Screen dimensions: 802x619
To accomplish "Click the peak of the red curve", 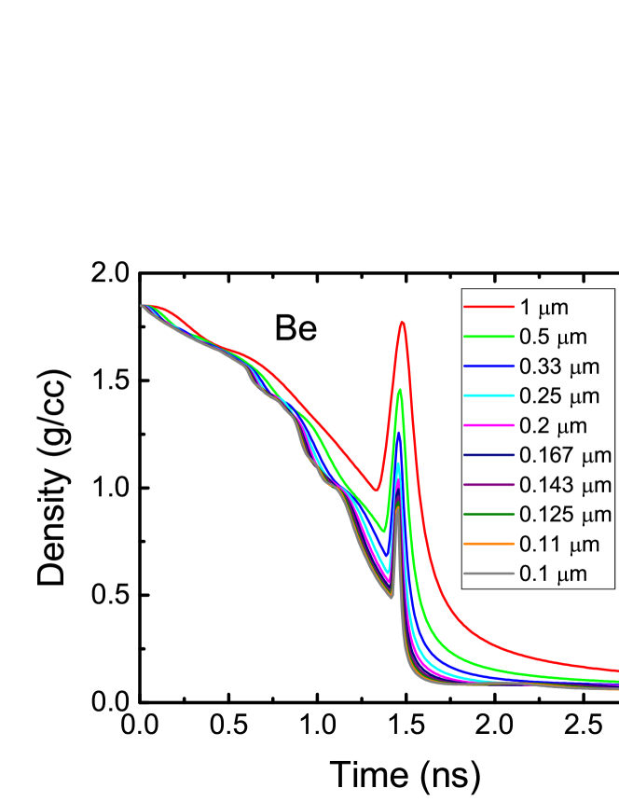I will tap(402, 322).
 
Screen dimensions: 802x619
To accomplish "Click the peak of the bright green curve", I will tap(400, 390).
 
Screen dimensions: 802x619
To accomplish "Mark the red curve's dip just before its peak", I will tap(375, 490).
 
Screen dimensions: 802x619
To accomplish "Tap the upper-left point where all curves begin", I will tap(143, 305).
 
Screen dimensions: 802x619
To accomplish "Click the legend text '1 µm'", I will tap(544, 307).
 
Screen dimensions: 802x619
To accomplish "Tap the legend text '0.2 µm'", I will tap(554, 426).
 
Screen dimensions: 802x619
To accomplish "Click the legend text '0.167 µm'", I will tap(565, 456).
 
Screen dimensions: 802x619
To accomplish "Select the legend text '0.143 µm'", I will tap(565, 485).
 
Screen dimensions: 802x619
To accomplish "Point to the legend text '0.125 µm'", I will tap(565, 515).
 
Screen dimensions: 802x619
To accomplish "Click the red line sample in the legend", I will tap(489, 307).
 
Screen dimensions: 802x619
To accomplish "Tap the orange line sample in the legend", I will tap(489, 545).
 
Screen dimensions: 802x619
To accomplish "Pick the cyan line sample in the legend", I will tap(489, 396).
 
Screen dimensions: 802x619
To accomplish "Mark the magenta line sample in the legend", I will tap(489, 426).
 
